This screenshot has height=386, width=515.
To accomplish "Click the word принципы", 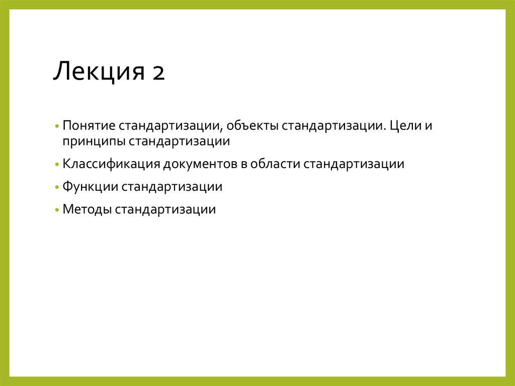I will [x=93, y=141].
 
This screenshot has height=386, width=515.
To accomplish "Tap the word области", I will [x=274, y=164].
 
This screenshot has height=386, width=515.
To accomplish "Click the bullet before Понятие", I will [x=58, y=125].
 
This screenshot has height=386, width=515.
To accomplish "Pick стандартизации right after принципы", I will [x=179, y=141].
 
